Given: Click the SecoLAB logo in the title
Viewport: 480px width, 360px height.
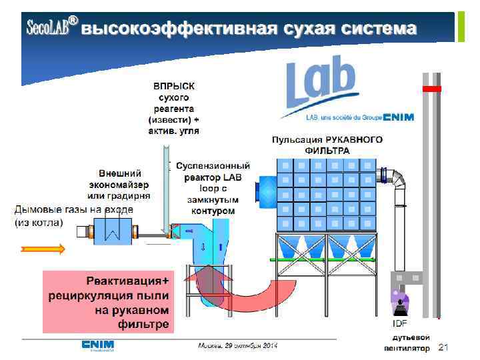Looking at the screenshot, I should click(x=51, y=27).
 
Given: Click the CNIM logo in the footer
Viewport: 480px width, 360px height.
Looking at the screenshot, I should click(x=97, y=345).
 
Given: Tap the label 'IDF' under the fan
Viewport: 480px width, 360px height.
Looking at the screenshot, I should click(x=400, y=323).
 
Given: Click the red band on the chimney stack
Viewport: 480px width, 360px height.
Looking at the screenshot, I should click(x=432, y=89).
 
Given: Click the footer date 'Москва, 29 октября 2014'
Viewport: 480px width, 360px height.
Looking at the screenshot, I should click(x=237, y=345).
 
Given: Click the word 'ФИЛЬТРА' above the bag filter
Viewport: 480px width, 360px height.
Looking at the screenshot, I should click(x=327, y=151).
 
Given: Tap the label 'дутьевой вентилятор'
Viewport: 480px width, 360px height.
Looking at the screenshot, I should click(x=407, y=343).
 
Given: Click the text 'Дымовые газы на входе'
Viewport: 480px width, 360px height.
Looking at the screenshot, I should click(x=74, y=209).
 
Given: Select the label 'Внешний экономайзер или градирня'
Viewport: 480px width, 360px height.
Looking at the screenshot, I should click(x=119, y=184).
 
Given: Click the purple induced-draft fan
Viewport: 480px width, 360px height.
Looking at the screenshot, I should click(x=400, y=302).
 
